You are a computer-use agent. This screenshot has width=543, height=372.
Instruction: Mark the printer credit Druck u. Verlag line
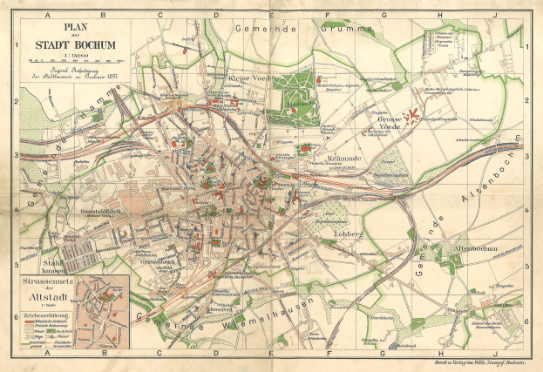(x=471, y=359)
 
